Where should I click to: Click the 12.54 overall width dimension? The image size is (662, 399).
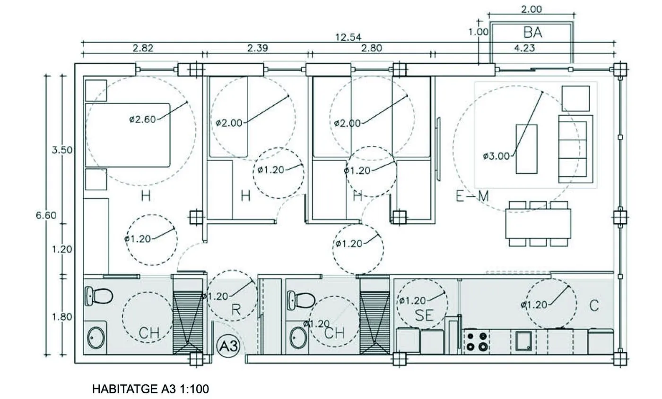pyautogui.click(x=348, y=37)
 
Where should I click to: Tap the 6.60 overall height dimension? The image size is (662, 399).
pyautogui.click(x=46, y=215)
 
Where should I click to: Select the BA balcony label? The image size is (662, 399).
pyautogui.click(x=532, y=33)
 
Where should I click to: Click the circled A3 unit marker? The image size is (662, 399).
pyautogui.click(x=228, y=346)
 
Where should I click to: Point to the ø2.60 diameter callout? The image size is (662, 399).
pyautogui.click(x=142, y=119)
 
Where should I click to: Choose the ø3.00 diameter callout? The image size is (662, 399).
pyautogui.click(x=496, y=156)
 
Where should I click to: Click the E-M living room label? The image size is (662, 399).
pyautogui.click(x=472, y=196)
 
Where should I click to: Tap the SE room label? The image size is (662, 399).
pyautogui.click(x=425, y=315)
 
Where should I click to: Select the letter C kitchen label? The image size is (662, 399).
pyautogui.click(x=594, y=306)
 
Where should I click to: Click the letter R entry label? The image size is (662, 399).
pyautogui.click(x=236, y=310)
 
